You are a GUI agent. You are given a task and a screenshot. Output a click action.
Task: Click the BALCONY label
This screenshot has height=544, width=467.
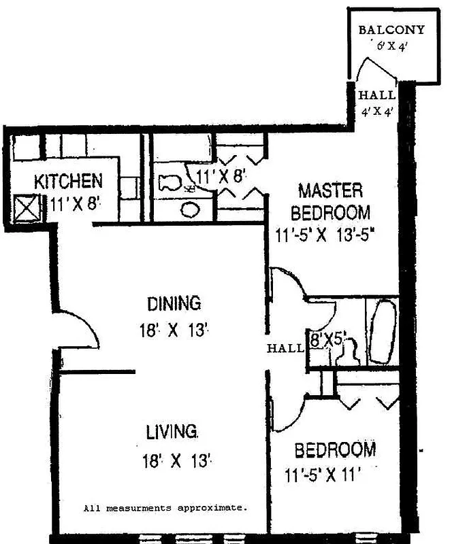point(391,30)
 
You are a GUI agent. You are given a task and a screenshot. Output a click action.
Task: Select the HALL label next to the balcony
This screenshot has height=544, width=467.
point(376,96)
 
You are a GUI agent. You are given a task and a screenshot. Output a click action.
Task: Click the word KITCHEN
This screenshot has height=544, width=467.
point(69,182)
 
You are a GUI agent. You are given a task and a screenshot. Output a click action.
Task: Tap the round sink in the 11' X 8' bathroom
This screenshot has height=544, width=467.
point(192,209)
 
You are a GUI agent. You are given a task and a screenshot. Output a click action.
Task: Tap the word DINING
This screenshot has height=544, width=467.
point(174,302)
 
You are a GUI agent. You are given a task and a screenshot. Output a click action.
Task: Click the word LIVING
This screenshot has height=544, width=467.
point(173,431)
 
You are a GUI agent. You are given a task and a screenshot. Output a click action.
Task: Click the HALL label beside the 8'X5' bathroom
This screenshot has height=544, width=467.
point(285,348)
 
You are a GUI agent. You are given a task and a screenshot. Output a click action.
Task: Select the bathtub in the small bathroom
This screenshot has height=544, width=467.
point(381,333)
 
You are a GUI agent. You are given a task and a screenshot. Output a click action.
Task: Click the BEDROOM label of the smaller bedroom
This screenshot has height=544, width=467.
point(334,449)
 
